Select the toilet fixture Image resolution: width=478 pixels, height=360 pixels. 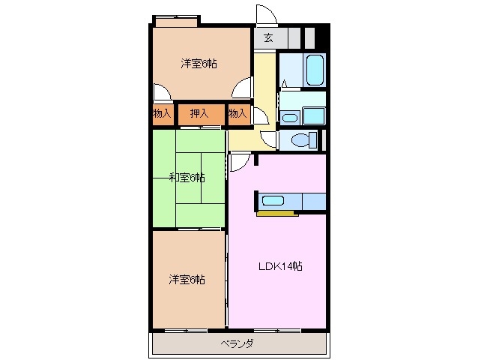tap(299, 139)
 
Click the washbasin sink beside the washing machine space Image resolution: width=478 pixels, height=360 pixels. tap(290, 116)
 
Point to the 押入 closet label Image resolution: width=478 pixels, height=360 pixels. tap(199, 114)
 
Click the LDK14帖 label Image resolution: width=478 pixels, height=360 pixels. tap(281, 266)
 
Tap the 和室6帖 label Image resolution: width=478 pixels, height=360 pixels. tap(187, 178)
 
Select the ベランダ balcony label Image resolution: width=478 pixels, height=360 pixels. tap(238, 344)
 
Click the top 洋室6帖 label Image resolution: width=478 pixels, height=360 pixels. tap(199, 64)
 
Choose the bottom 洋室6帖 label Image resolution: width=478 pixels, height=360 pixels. tap(187, 280)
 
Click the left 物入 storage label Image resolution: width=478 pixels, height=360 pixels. tap(161, 114)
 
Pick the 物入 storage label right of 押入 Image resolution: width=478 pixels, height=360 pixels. tap(238, 114)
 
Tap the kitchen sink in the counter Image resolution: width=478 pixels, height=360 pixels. tap(272, 200)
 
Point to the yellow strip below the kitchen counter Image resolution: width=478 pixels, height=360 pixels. tap(277, 214)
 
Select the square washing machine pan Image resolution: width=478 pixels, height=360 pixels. tap(313, 115)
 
